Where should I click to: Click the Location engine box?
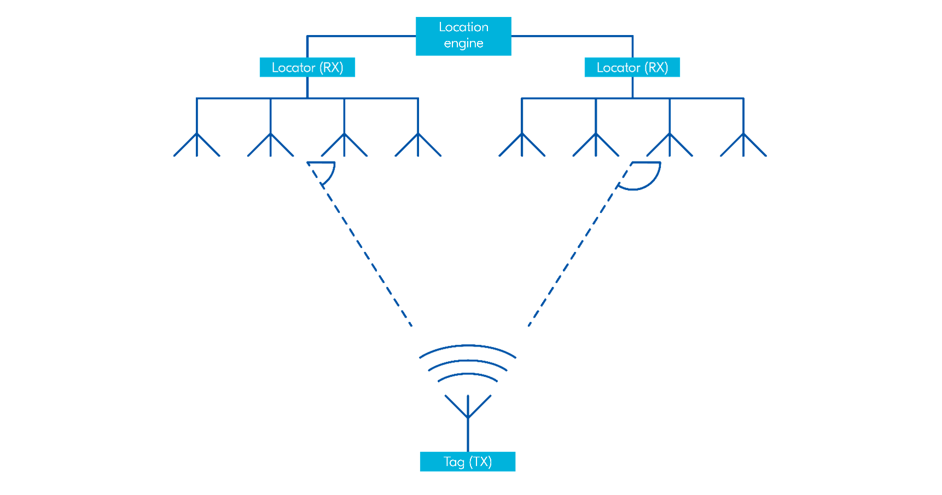(463, 36)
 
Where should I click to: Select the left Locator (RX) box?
(307, 67)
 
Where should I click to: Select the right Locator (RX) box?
(632, 67)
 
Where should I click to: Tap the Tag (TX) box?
(467, 462)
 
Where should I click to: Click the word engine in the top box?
(463, 44)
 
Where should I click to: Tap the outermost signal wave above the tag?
(468, 346)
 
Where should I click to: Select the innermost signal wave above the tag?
(468, 375)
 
